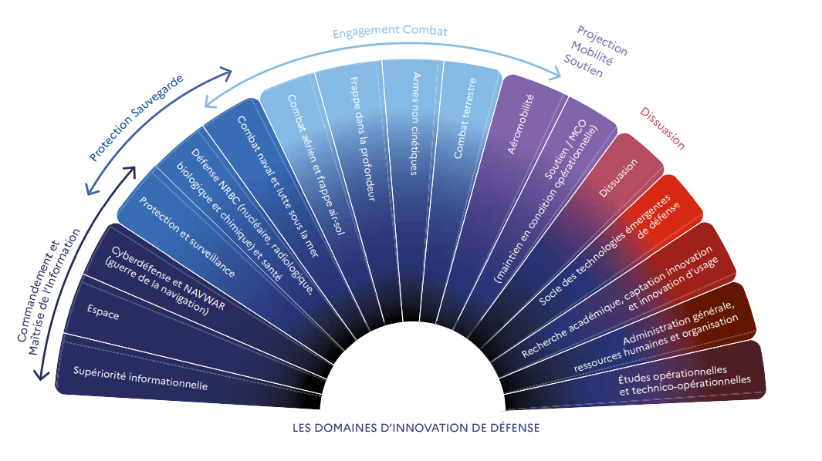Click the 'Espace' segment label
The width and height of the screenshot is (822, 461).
tap(103, 314)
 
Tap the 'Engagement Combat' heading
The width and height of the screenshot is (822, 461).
tap(390, 32)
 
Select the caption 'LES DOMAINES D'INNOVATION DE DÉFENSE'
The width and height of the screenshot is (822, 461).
tap(415, 427)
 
